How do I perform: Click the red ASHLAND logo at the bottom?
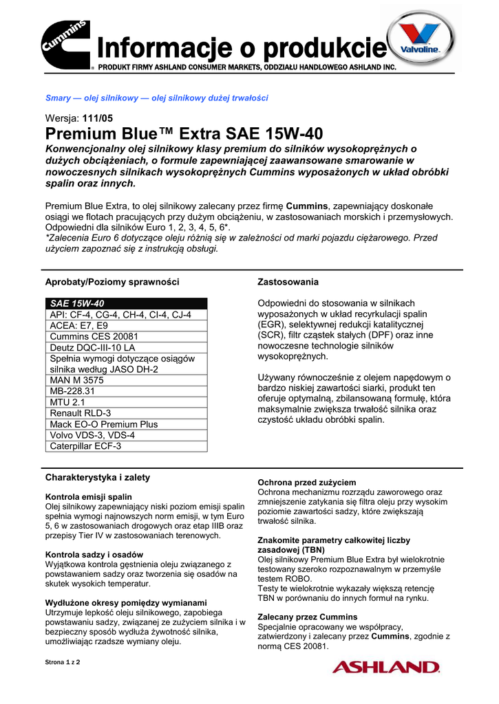[385, 666]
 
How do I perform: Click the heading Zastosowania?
[288, 282]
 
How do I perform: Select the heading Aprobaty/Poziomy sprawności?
[112, 282]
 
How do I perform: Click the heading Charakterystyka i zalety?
[97, 477]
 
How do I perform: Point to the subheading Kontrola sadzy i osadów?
[94, 554]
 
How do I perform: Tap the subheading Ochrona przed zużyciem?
[306, 483]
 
